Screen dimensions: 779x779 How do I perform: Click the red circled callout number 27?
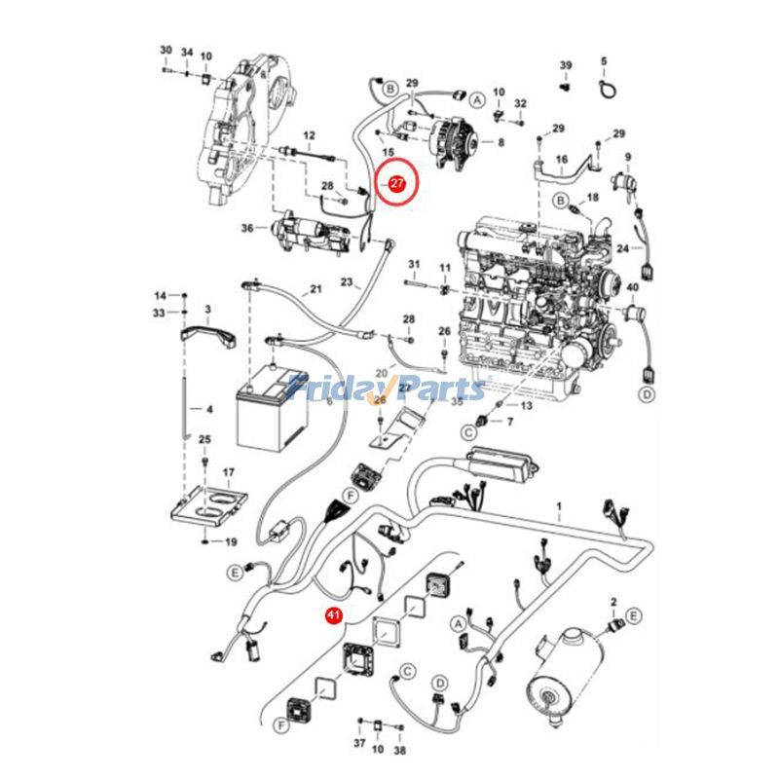tap(396, 182)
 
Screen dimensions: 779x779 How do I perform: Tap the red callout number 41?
tap(333, 615)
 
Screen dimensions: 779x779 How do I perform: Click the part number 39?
tap(565, 64)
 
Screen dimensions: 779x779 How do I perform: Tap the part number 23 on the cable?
tap(346, 282)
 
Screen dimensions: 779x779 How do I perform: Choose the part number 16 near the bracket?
tap(561, 159)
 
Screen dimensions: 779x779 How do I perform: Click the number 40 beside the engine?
tap(632, 287)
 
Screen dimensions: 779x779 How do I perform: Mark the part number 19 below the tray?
tap(232, 541)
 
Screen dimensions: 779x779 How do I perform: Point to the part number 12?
tap(310, 134)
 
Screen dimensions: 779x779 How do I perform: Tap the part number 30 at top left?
tap(166, 50)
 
